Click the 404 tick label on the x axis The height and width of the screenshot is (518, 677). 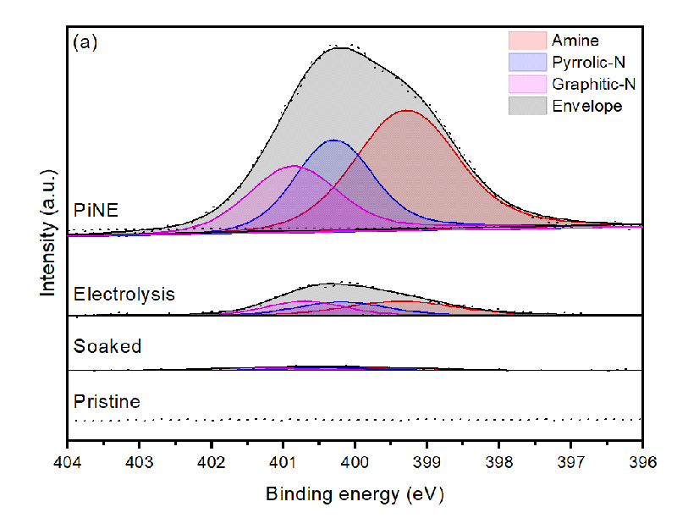click(67, 463)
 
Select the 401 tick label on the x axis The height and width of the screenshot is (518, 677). click(283, 463)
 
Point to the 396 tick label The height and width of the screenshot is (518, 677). click(642, 463)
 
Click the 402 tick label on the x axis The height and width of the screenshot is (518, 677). click(211, 463)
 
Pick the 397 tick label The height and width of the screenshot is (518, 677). click(570, 463)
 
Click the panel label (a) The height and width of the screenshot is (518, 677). click(85, 42)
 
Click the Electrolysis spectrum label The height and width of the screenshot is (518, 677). click(124, 295)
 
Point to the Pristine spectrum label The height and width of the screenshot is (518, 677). click(107, 400)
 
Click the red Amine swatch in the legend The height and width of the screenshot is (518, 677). click(526, 41)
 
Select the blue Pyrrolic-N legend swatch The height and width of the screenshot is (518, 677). click(526, 62)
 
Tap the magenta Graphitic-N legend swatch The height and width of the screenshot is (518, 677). click(526, 84)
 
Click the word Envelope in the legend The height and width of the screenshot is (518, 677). click(586, 106)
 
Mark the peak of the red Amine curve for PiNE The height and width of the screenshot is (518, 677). click(407, 110)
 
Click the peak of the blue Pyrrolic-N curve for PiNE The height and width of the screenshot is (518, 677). click(334, 140)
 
